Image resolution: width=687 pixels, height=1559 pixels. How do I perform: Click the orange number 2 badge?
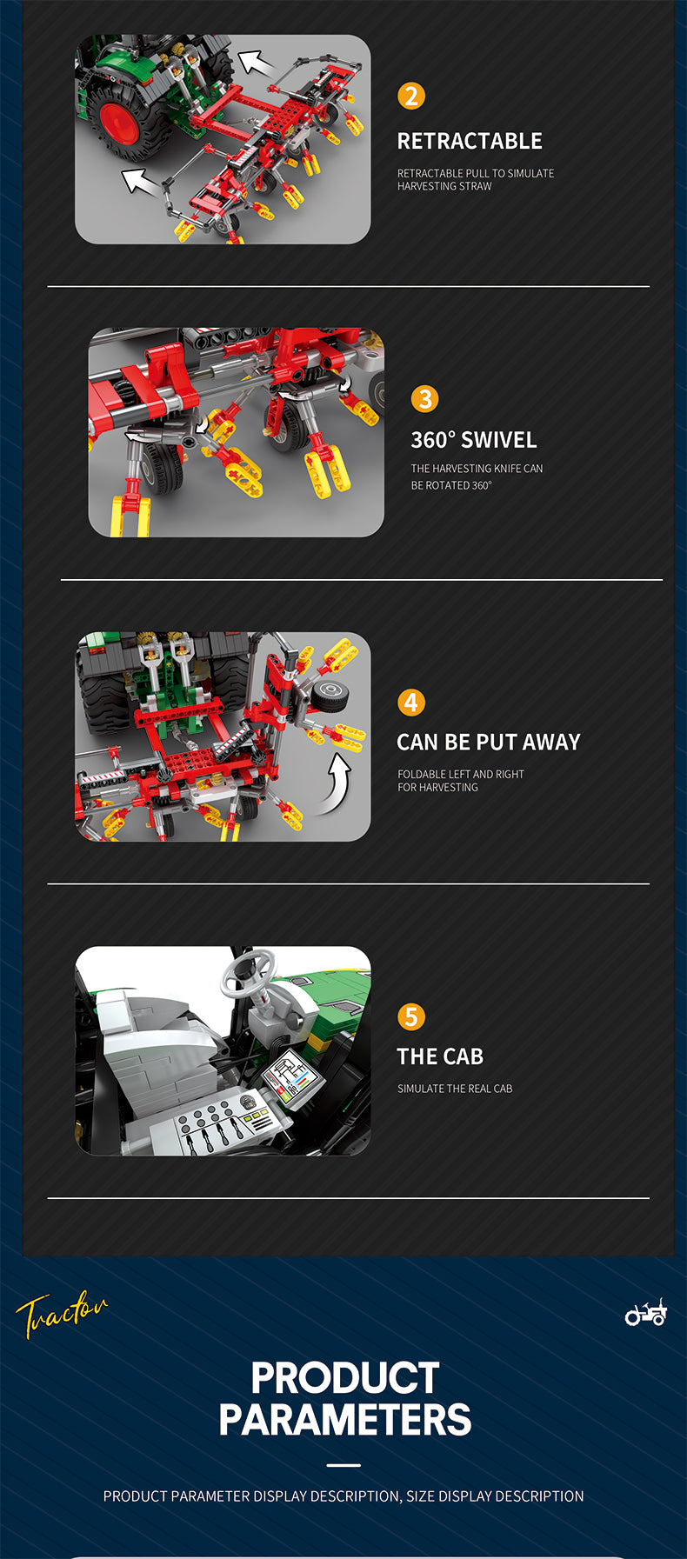coord(411,96)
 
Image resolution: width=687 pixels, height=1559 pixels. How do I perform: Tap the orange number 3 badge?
coord(424,399)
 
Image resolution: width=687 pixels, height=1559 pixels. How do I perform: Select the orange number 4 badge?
coord(411,703)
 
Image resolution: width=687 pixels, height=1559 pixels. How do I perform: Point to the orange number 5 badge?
coord(411,1016)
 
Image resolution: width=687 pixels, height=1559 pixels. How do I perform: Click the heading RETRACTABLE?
coord(470,141)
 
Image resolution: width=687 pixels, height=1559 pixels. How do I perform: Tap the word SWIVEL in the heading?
coord(499,440)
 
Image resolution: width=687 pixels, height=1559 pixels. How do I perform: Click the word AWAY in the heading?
coord(551,742)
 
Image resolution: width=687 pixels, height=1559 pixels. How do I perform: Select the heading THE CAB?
coord(440,1056)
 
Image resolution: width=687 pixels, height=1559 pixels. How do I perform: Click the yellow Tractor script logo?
coord(61,1313)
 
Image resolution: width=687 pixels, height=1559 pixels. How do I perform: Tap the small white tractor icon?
coord(646,1312)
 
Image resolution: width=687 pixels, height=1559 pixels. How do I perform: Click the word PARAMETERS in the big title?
coord(344,1420)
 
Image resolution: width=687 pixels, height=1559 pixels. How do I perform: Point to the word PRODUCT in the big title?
coord(344,1378)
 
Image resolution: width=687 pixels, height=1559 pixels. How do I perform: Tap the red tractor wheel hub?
coord(119,123)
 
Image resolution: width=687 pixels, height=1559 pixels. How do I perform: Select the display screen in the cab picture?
coord(291,1075)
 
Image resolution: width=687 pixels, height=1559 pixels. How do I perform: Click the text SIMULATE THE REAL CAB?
coord(455,1089)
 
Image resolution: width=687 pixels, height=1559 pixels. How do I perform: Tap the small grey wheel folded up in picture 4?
coord(330,695)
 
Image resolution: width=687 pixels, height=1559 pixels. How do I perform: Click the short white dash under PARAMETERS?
coord(344,1465)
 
